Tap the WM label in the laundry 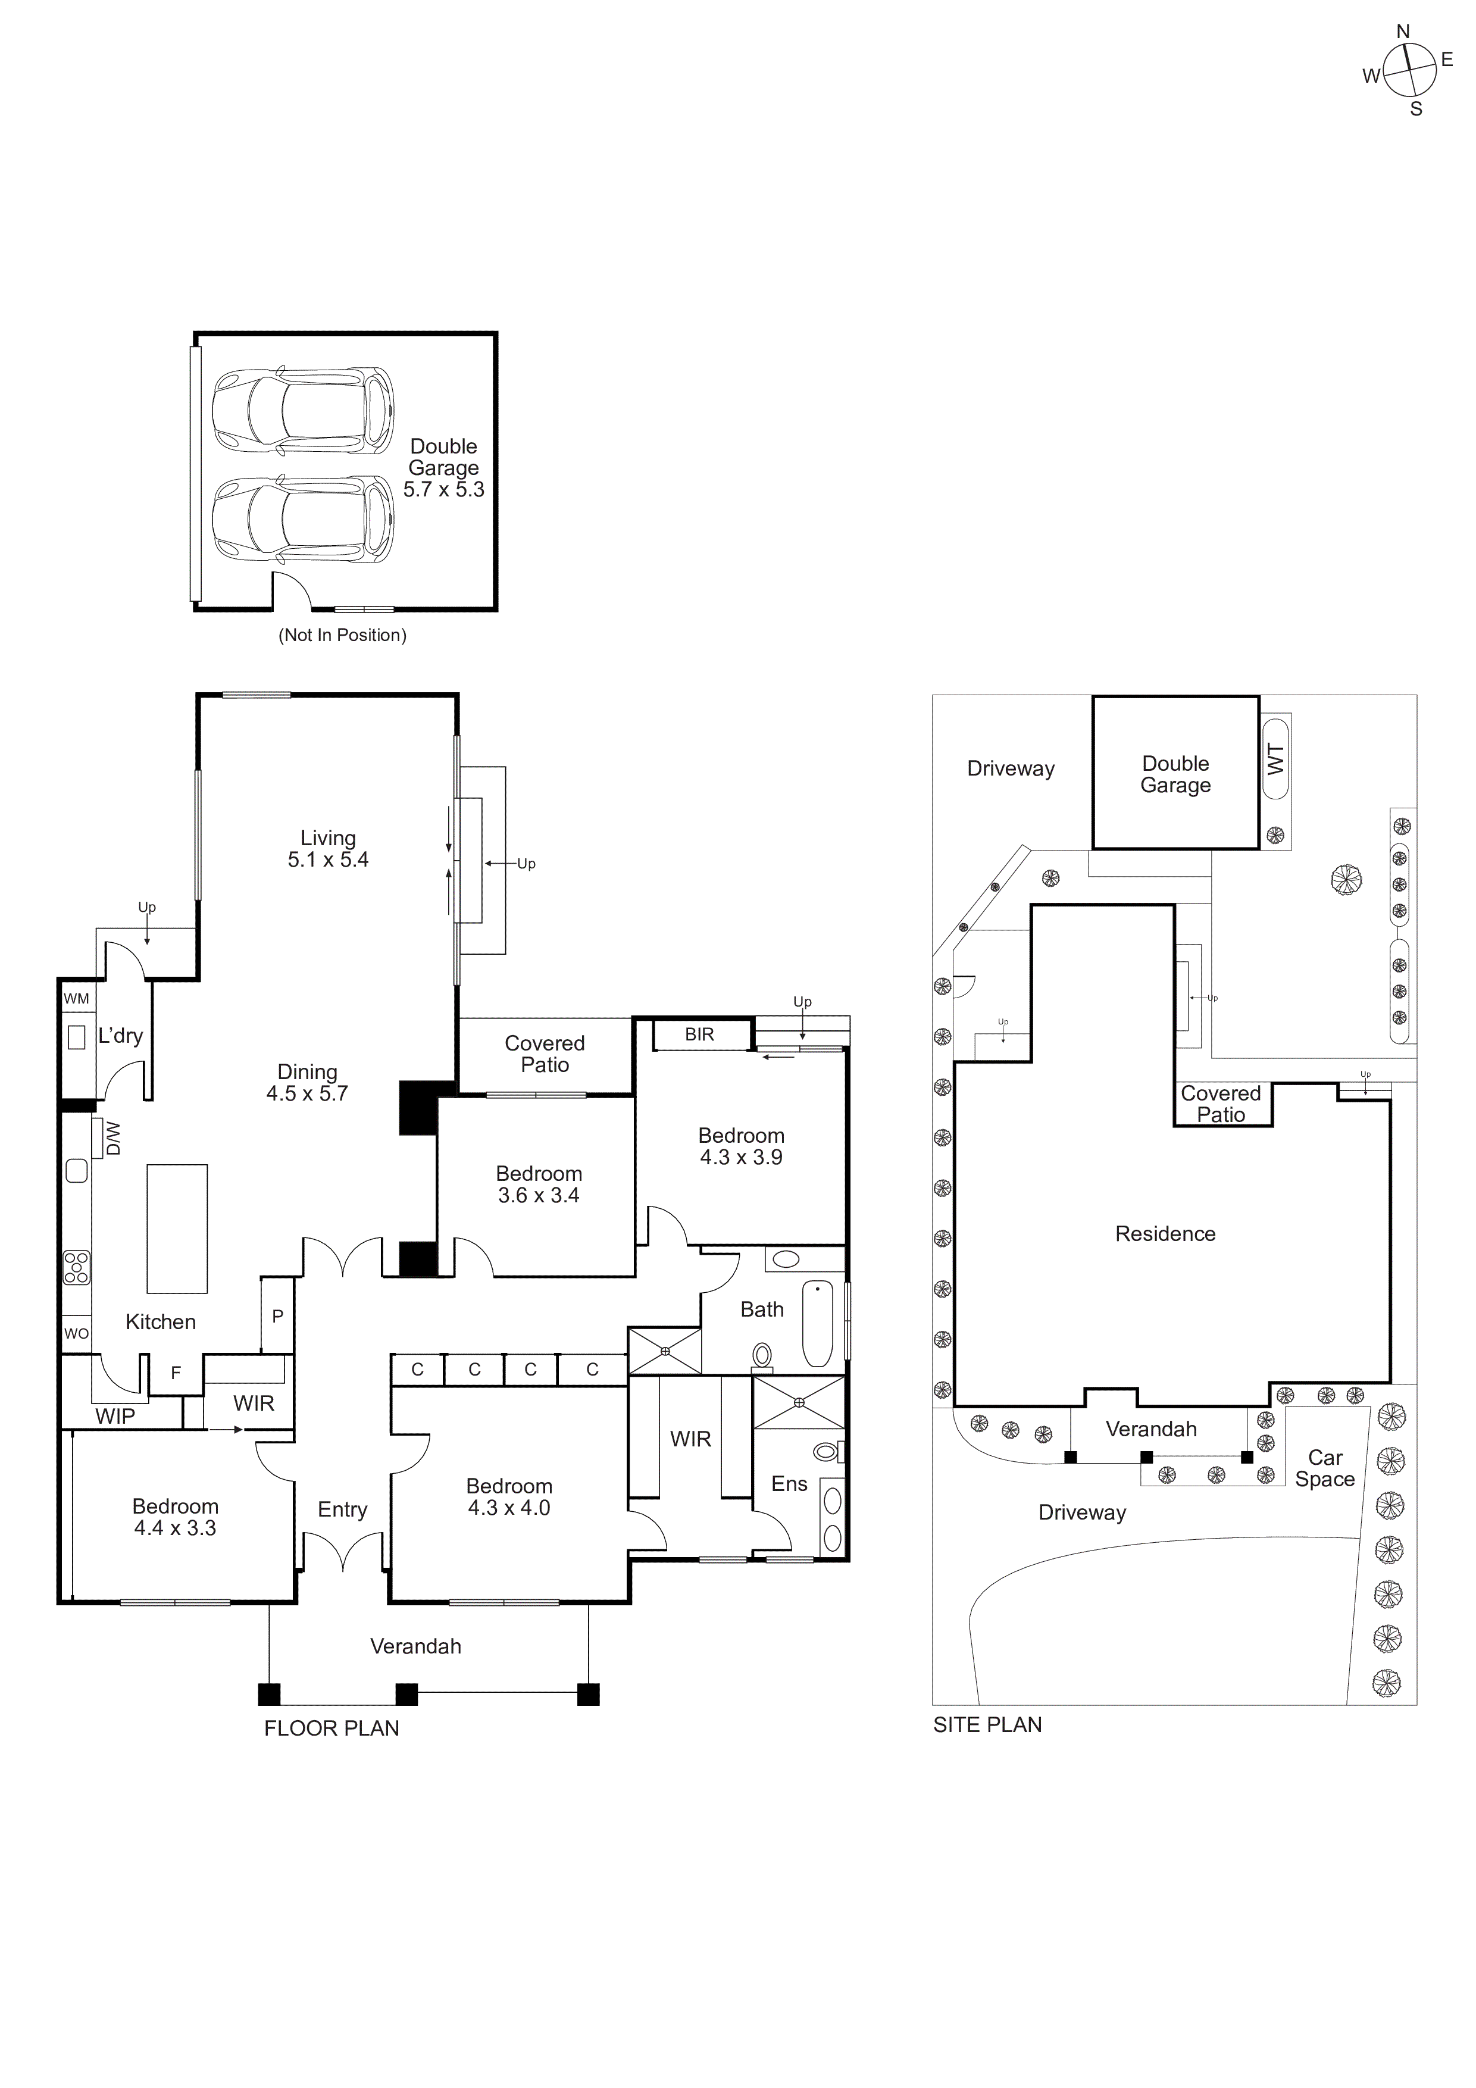[76, 999]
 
